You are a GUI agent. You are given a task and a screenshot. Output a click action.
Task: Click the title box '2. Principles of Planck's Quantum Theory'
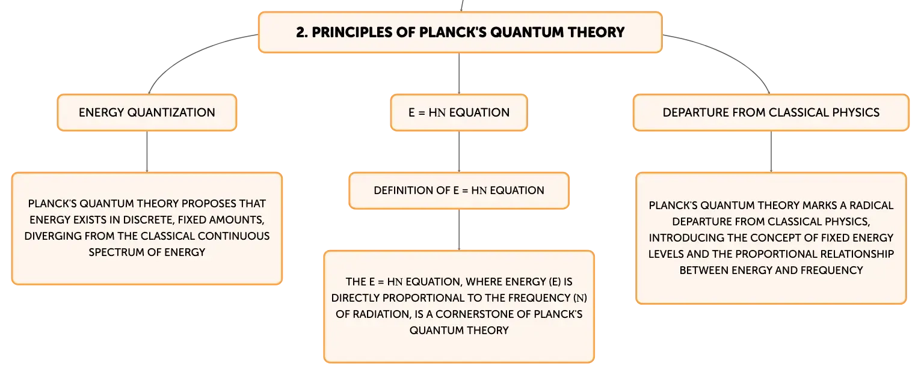(460, 32)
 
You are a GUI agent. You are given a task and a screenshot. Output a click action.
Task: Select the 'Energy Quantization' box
(147, 112)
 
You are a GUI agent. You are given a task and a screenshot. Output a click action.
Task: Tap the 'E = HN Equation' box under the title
(459, 112)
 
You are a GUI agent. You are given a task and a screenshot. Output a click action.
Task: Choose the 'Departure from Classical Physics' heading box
(771, 112)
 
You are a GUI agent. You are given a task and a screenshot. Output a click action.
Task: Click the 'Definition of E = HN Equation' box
(459, 191)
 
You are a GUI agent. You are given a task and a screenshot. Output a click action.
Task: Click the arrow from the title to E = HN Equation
(459, 73)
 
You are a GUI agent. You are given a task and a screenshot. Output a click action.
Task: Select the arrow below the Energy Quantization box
(147, 151)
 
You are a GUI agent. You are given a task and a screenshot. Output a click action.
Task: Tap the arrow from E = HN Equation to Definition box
(459, 151)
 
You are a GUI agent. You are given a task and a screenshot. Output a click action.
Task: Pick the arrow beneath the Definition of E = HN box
(459, 230)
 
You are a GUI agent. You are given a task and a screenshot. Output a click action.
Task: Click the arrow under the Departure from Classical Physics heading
(771, 151)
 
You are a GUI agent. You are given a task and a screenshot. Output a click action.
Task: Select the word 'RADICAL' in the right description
(871, 206)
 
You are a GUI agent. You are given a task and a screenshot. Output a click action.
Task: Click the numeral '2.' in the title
(302, 32)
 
